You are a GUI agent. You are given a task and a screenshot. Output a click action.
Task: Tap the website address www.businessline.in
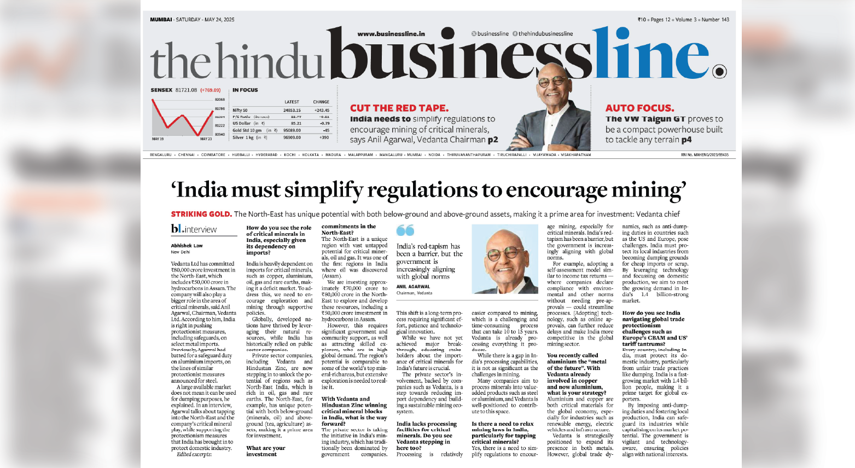click(391, 34)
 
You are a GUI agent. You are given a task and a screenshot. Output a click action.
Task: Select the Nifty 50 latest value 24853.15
click(292, 111)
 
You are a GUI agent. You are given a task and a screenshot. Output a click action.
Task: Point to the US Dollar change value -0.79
click(324, 124)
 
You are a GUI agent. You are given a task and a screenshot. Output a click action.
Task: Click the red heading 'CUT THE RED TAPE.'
click(399, 108)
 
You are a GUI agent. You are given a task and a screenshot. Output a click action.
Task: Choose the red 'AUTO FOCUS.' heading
click(639, 108)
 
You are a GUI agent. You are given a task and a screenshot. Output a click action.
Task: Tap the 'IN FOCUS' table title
click(245, 90)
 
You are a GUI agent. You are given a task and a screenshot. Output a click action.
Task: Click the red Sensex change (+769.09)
click(210, 90)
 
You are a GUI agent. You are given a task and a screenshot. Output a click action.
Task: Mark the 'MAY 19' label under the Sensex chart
click(158, 139)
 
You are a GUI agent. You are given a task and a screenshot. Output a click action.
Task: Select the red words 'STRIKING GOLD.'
click(201, 214)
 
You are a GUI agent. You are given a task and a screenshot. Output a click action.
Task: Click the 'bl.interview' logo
click(194, 229)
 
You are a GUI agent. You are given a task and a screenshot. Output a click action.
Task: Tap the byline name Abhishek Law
click(187, 246)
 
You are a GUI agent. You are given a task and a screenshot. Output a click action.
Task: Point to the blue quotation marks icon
click(405, 230)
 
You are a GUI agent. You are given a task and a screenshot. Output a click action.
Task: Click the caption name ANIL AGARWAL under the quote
click(413, 286)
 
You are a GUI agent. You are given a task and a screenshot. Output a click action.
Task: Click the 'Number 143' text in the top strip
click(715, 20)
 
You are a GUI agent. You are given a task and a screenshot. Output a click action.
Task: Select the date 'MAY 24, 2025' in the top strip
click(219, 20)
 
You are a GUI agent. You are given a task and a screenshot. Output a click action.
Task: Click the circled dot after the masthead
click(720, 72)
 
